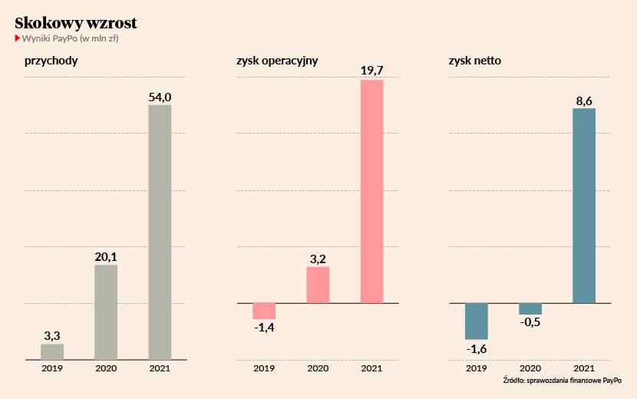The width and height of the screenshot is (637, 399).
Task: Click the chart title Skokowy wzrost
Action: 76,23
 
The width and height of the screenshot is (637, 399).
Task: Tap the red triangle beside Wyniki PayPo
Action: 18,38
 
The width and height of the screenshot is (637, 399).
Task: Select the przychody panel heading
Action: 51,60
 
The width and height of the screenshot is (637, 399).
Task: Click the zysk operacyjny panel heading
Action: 277,60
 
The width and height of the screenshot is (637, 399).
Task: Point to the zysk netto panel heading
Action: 475,60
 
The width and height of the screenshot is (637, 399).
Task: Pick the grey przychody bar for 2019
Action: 52,351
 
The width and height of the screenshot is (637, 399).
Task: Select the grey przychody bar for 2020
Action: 106,312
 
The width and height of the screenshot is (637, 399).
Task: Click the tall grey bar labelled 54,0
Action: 160,232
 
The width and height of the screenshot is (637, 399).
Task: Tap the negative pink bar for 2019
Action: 264,311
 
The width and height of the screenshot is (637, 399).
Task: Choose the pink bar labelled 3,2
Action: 318,285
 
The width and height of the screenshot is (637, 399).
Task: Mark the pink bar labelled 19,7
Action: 371,191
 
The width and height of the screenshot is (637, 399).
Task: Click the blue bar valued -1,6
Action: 477,321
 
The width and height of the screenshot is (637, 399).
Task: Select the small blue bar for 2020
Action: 530,308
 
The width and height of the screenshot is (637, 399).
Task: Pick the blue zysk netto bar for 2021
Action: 584,206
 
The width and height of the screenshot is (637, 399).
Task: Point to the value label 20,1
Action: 106,257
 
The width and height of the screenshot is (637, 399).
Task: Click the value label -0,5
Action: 530,323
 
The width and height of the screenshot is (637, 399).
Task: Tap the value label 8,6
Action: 584,100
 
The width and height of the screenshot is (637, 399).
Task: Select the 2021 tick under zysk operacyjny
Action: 371,369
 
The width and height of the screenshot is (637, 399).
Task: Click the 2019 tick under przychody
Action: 52,369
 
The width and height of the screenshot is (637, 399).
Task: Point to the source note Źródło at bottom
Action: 562,381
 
